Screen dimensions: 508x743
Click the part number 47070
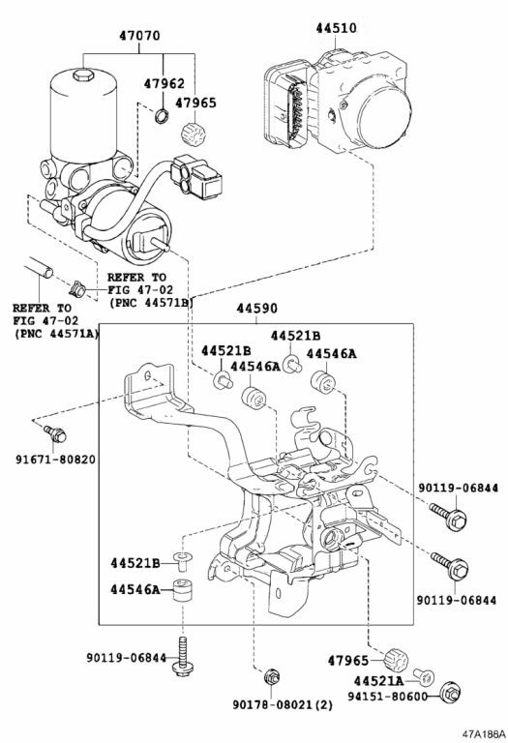(x=139, y=36)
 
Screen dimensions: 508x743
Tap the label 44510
(x=337, y=28)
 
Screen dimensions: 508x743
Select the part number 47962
(x=164, y=84)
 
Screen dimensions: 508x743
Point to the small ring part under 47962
(x=162, y=115)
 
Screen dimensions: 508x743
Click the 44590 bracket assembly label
(x=256, y=309)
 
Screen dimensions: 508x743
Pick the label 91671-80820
(x=55, y=460)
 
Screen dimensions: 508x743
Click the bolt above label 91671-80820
(x=55, y=432)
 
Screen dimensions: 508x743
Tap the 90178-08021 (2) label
(x=283, y=704)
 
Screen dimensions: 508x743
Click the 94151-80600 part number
(x=387, y=697)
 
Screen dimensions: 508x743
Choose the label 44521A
(x=379, y=681)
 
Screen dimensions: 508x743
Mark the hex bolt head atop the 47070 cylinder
(x=83, y=74)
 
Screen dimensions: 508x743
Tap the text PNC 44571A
(x=56, y=334)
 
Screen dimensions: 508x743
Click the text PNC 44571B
(x=151, y=302)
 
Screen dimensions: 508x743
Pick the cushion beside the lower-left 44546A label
(x=182, y=590)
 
